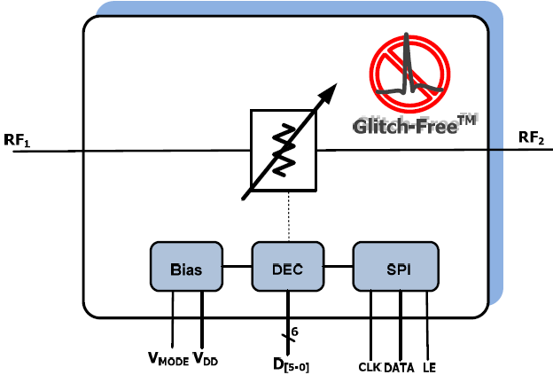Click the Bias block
pyautogui.click(x=184, y=266)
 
